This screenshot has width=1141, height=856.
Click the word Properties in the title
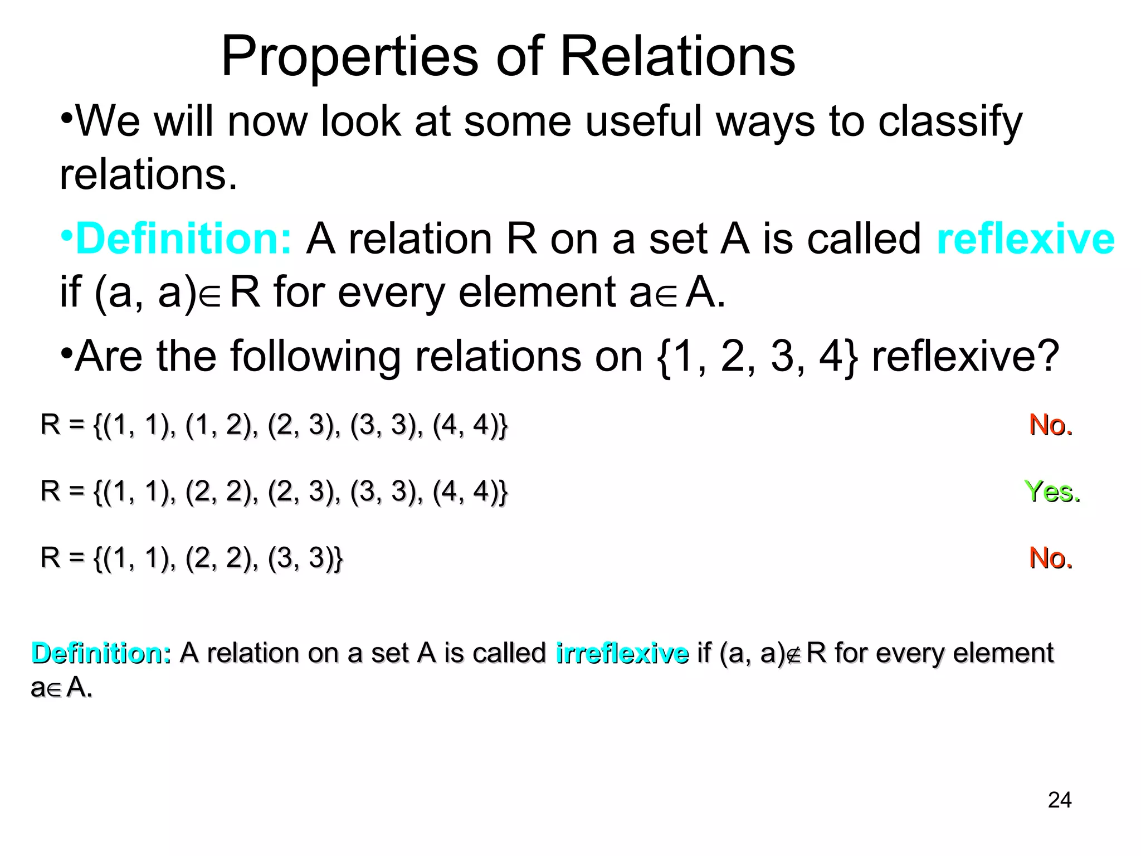click(350, 57)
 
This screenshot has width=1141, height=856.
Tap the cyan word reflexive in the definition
click(1025, 239)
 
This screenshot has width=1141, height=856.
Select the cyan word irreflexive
click(622, 653)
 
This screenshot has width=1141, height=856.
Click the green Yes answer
click(1052, 492)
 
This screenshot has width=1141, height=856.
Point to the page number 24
click(1059, 800)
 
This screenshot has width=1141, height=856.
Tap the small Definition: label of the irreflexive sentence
click(101, 653)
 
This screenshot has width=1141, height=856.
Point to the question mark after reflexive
click(1049, 356)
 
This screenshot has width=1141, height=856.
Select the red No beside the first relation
click(1050, 425)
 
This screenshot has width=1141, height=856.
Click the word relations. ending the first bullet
click(148, 175)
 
